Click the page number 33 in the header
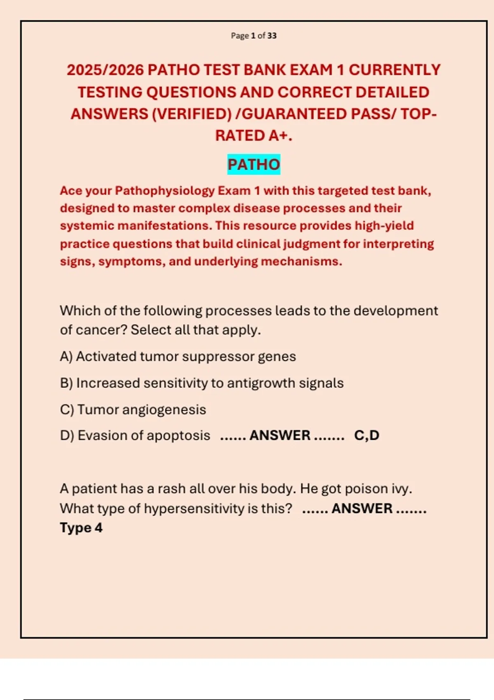click(x=272, y=36)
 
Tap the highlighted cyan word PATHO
click(x=254, y=165)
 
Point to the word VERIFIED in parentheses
click(x=192, y=114)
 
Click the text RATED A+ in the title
click(x=254, y=135)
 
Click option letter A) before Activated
click(x=66, y=357)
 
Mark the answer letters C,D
click(x=366, y=436)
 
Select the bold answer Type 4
click(x=81, y=528)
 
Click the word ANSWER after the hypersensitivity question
click(x=362, y=509)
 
